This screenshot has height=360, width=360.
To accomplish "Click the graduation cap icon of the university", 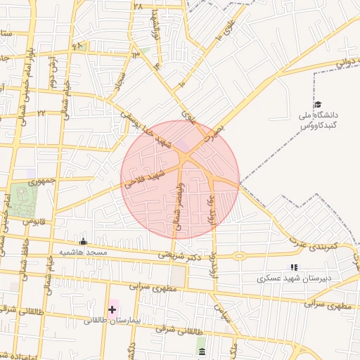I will point(318,105).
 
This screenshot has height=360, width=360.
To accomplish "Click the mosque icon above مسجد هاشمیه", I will point(84,241).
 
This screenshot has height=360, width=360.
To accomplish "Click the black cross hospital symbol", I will point(112,309).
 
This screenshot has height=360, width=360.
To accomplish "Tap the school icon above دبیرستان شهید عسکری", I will point(294,267).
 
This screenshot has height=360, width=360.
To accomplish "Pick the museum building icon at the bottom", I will point(202,351).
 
